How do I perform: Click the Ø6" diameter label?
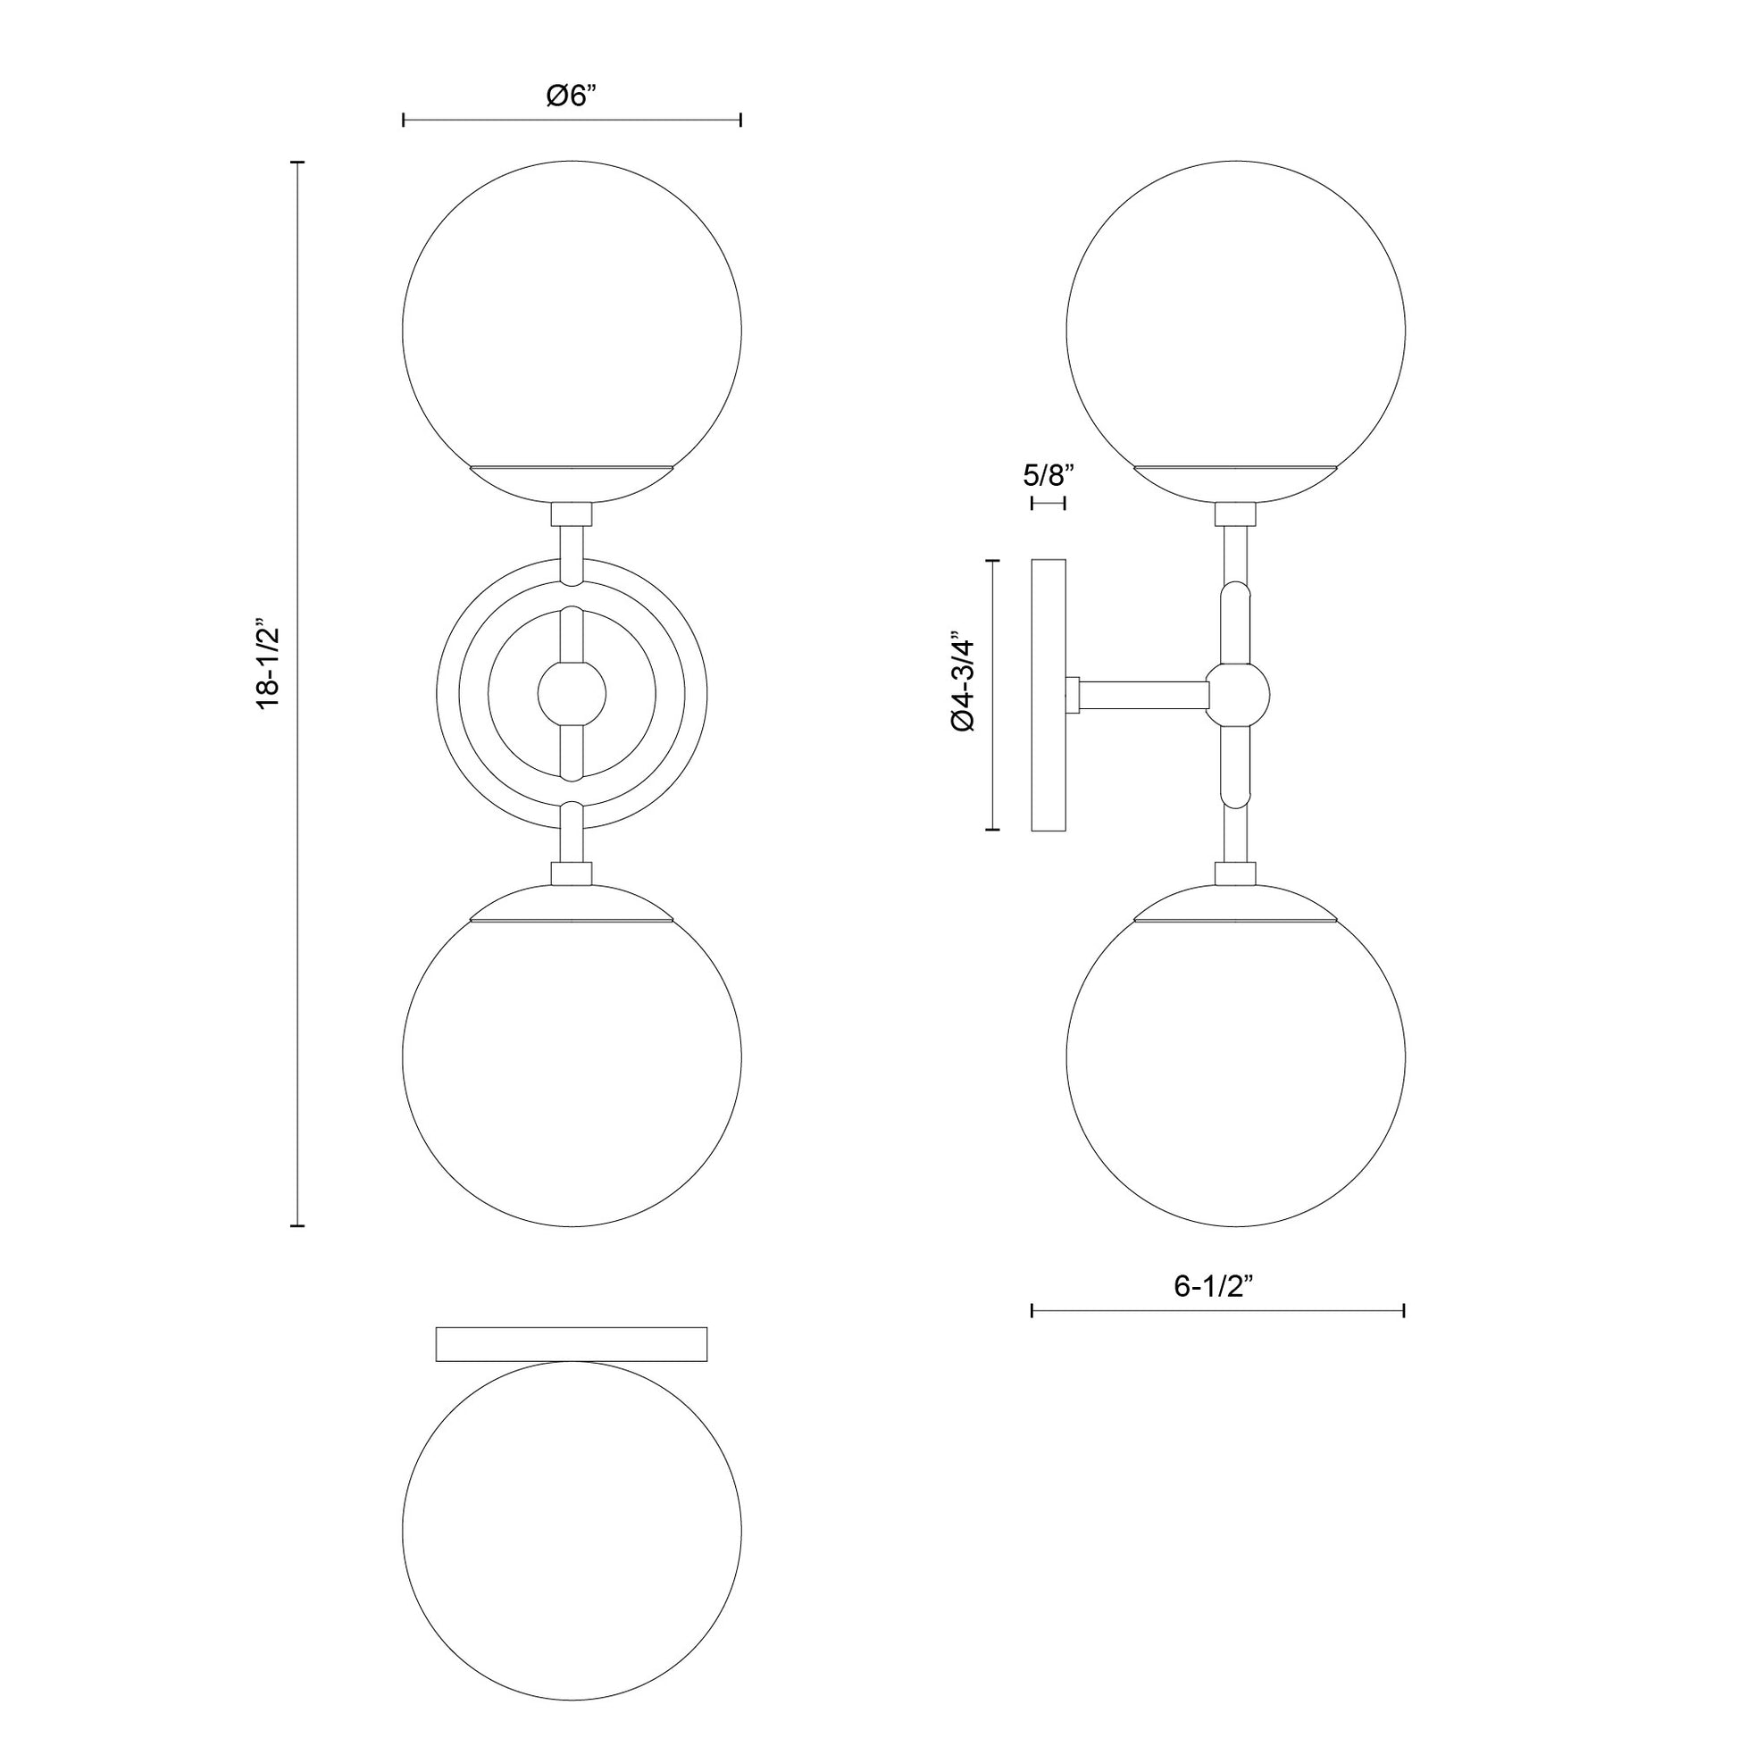(x=572, y=96)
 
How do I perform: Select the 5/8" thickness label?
(x=1048, y=475)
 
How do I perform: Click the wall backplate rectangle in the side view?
(x=1048, y=695)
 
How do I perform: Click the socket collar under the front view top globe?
(x=572, y=514)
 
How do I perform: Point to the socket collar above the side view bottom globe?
(x=1235, y=873)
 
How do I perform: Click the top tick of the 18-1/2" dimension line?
(x=297, y=163)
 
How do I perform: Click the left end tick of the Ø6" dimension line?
(x=404, y=120)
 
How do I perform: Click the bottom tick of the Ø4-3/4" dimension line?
(x=993, y=829)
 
